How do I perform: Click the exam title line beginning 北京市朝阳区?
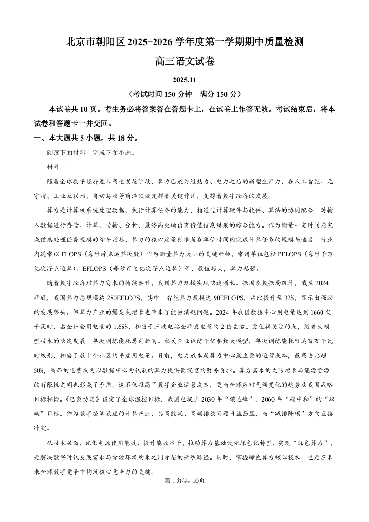point(185,42)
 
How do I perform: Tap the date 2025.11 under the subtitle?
point(184,80)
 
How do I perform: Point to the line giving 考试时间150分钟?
point(185,94)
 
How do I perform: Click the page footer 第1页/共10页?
point(185,481)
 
